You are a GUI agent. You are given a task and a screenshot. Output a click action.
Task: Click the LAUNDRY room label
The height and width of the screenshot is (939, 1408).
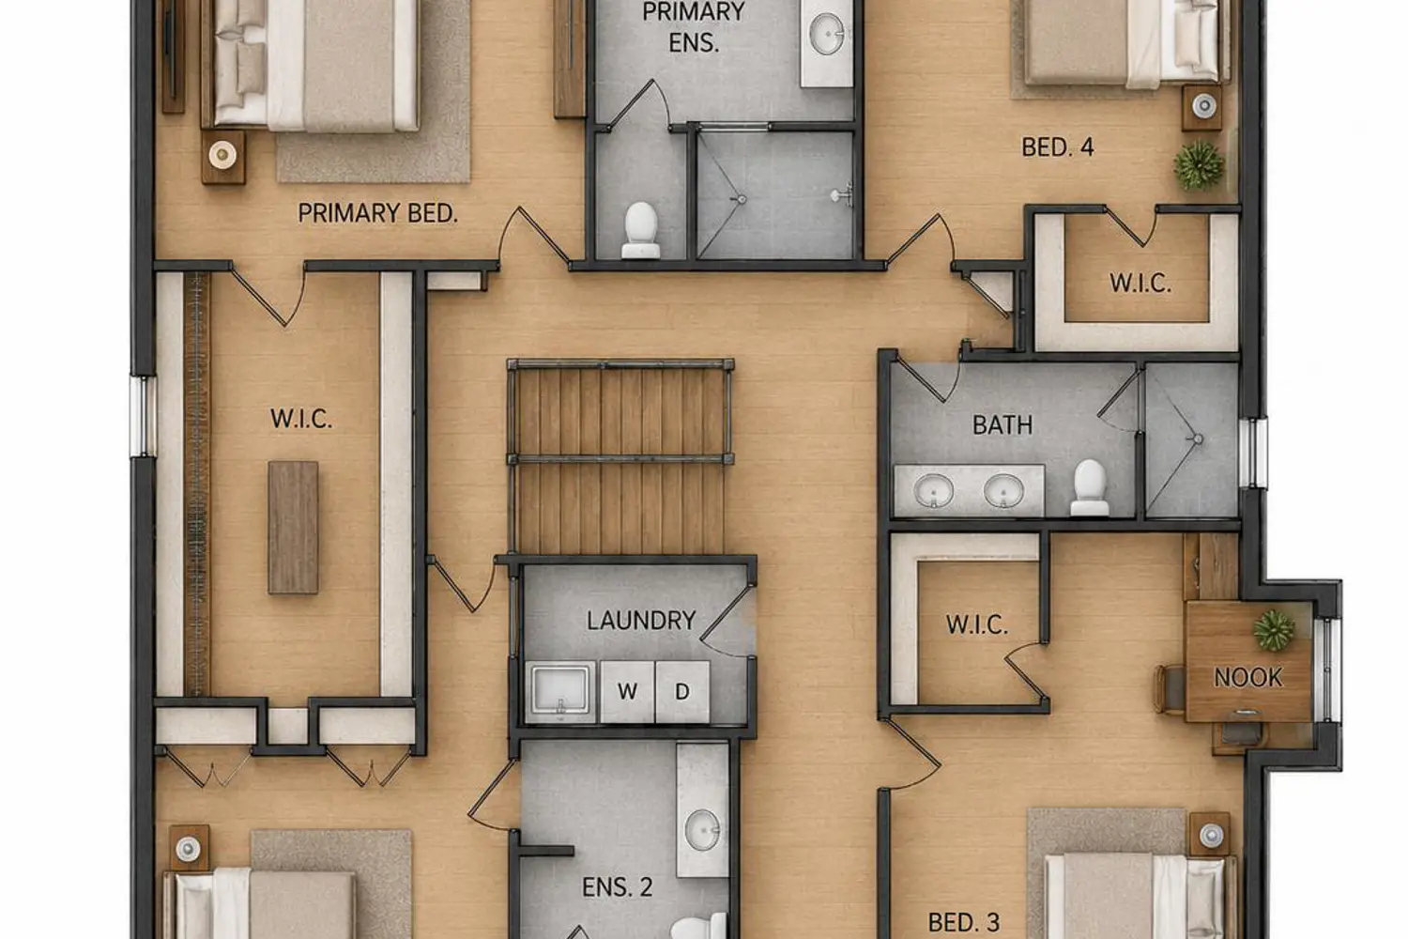[641, 621]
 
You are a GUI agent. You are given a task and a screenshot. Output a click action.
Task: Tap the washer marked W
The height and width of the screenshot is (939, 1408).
[627, 692]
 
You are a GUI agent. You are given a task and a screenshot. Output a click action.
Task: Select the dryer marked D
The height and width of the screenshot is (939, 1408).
[682, 692]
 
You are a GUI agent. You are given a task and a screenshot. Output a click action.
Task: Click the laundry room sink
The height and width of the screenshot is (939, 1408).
[560, 692]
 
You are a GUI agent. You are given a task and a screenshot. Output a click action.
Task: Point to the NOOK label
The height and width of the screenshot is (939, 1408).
[1247, 677]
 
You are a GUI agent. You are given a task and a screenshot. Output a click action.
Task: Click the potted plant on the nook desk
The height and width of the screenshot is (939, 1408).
[1274, 630]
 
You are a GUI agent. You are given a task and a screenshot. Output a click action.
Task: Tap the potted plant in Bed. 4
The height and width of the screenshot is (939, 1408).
[1199, 165]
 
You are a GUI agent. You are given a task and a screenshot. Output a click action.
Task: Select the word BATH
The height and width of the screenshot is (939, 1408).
[1002, 425]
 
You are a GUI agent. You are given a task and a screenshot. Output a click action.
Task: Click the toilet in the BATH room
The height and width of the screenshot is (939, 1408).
[1089, 487]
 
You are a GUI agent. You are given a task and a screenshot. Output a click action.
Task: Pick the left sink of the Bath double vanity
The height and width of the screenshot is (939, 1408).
[933, 490]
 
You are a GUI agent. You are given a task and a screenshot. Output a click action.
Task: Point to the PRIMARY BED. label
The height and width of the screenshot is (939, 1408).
[377, 213]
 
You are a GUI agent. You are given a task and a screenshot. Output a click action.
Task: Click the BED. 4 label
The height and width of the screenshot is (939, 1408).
[1057, 147]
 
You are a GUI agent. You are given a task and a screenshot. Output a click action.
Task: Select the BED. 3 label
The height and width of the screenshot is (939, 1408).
[964, 923]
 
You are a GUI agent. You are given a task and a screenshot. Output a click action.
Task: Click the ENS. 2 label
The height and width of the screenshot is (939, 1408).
[618, 886]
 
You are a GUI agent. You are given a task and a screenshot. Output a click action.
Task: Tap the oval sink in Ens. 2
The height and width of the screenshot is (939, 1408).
[703, 830]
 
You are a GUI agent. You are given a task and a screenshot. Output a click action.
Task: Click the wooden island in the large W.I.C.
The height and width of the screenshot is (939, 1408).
[293, 528]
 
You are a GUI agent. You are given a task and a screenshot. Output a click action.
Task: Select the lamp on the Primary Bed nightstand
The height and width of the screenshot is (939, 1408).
[222, 155]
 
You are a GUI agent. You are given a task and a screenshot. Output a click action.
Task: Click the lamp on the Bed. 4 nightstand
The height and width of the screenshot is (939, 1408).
[1203, 106]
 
